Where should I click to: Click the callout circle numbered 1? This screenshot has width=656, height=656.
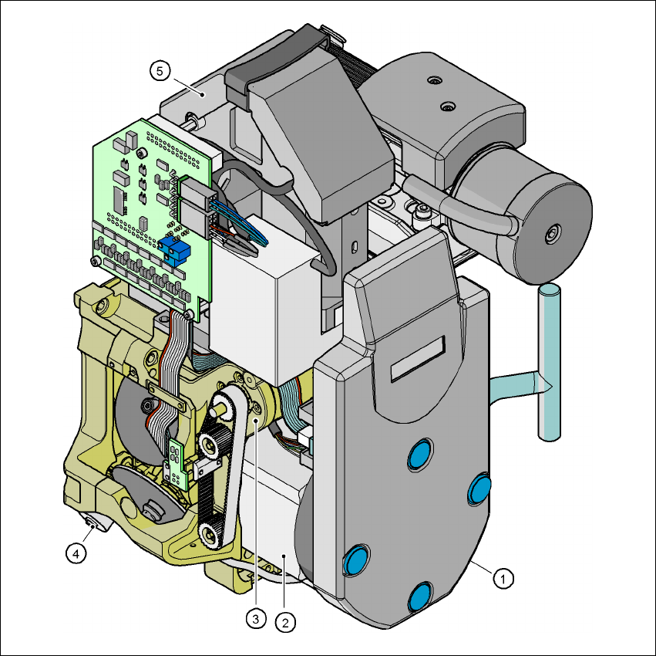[503, 579]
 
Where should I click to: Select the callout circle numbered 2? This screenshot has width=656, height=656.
[285, 623]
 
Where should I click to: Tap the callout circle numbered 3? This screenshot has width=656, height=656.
[256, 618]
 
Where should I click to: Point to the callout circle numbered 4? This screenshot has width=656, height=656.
[76, 554]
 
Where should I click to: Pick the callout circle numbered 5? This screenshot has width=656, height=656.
[160, 71]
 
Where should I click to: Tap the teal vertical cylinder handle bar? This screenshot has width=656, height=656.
[550, 362]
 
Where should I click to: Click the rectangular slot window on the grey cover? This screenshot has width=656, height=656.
[418, 359]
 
